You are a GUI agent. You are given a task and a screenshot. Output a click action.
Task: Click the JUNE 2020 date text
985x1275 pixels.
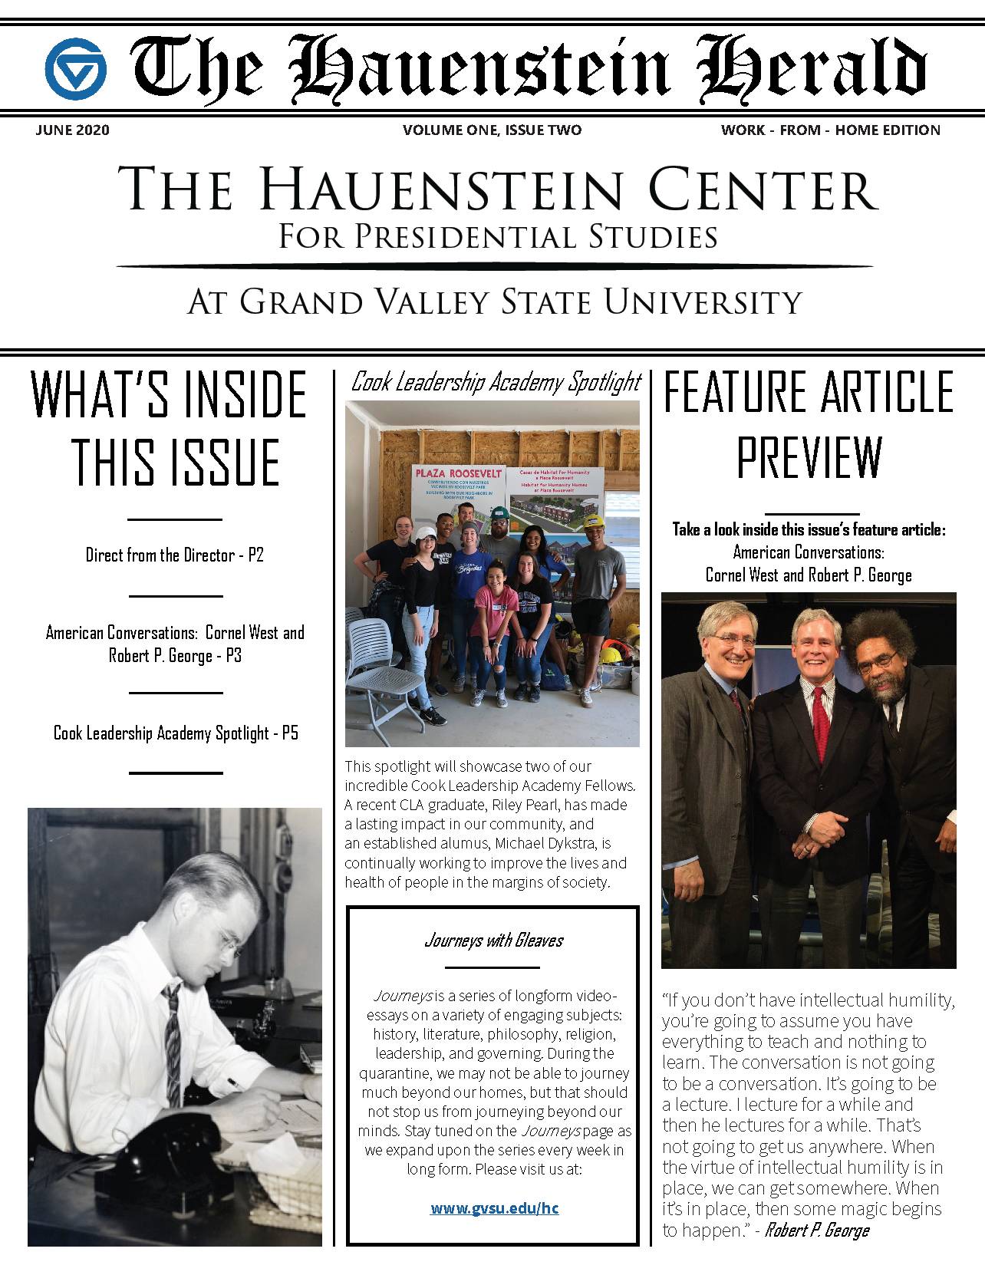click(x=72, y=130)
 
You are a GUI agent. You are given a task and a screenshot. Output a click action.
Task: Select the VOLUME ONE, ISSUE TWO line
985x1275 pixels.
click(x=492, y=130)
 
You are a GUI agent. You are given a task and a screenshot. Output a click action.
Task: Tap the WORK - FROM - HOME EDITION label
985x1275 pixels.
click(x=830, y=130)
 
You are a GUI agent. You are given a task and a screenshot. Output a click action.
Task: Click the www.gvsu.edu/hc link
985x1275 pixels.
click(x=494, y=1208)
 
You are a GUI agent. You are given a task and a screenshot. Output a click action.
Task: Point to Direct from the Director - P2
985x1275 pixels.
click(x=174, y=555)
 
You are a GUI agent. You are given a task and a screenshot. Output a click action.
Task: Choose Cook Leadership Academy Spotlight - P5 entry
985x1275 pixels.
click(x=176, y=733)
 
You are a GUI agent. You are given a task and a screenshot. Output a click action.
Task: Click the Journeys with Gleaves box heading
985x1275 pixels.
click(x=493, y=941)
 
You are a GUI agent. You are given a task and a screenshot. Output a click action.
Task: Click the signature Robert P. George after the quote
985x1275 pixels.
click(x=817, y=1231)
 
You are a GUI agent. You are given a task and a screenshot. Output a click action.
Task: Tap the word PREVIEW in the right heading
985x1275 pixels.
click(x=809, y=459)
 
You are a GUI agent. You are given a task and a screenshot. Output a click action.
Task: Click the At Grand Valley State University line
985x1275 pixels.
click(x=494, y=302)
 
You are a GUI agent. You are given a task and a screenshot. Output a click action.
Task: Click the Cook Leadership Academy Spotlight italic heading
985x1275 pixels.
click(x=496, y=382)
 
